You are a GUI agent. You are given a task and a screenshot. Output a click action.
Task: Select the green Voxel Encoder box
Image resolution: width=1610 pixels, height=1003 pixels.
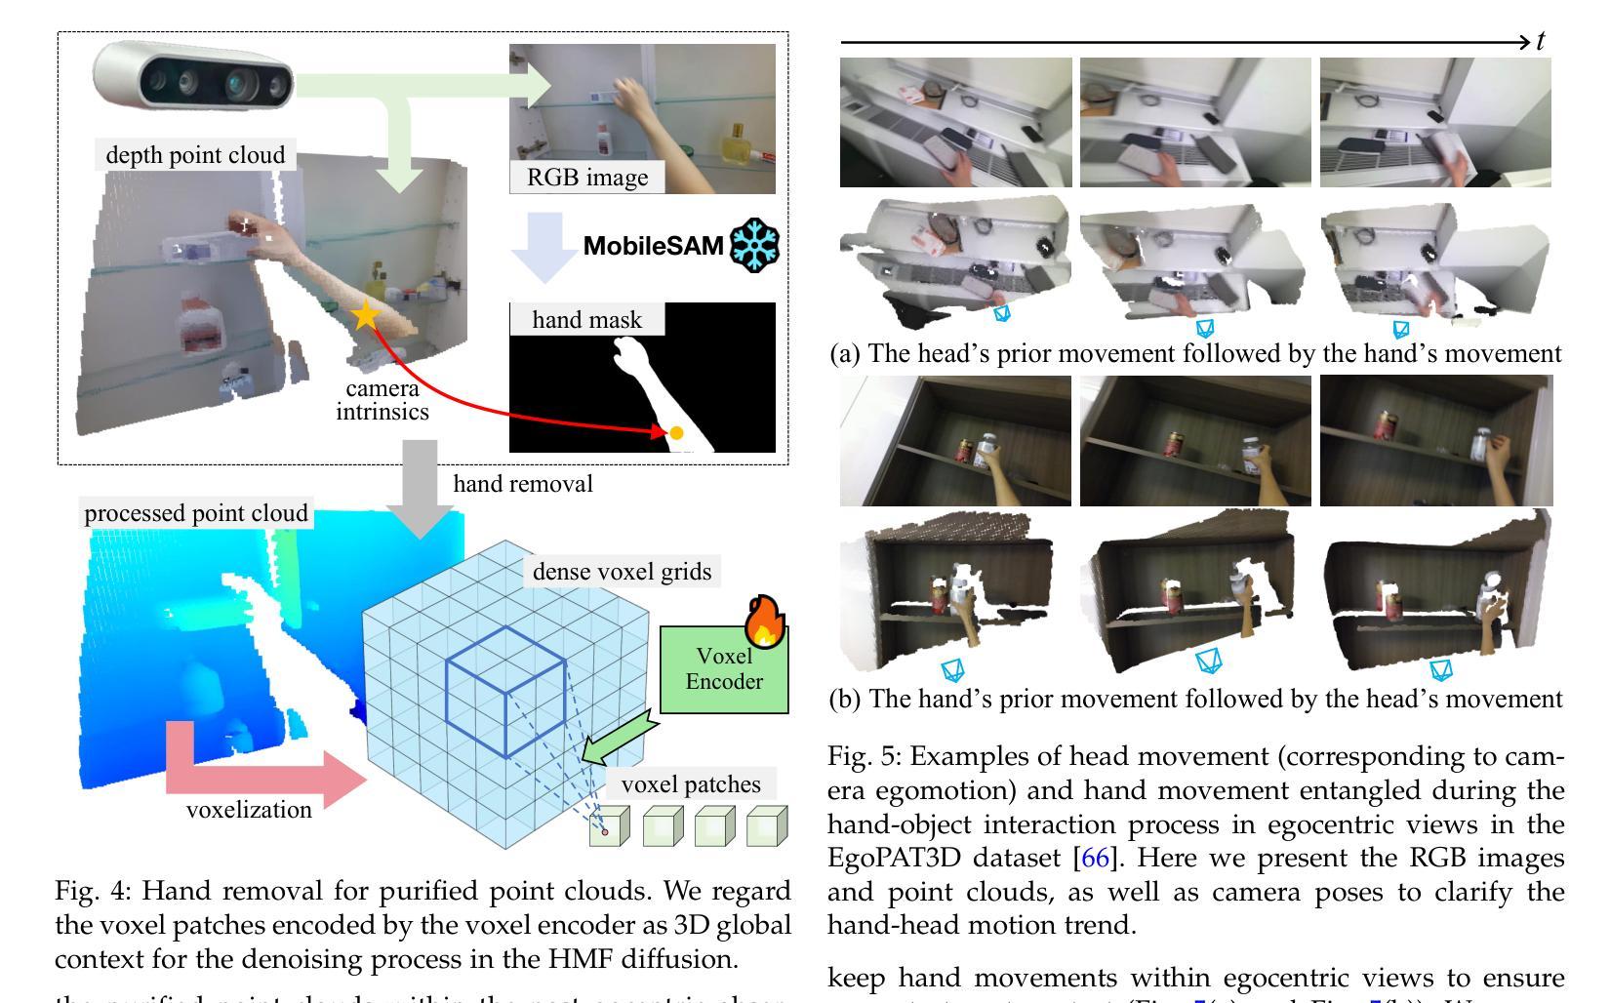tap(723, 670)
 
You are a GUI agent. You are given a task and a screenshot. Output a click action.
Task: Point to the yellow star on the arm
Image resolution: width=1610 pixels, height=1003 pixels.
tap(366, 314)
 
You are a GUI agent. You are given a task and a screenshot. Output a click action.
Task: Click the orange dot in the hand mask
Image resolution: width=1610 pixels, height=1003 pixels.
tap(676, 433)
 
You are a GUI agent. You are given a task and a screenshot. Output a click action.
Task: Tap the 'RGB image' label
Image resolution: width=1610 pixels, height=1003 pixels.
tap(586, 178)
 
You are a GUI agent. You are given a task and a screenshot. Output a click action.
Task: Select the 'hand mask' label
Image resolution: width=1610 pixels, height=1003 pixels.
tap(586, 320)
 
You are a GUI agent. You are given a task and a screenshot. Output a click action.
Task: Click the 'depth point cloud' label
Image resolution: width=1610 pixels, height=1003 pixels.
tap(195, 155)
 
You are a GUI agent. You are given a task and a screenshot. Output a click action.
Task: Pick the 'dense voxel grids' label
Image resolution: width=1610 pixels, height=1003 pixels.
tap(622, 571)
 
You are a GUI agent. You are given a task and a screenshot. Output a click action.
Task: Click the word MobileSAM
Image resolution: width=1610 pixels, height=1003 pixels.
tap(653, 246)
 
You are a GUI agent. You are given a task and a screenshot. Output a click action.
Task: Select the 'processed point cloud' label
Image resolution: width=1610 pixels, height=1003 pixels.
tap(196, 513)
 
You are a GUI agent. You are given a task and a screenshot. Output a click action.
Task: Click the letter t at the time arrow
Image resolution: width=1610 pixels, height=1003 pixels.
tap(1541, 41)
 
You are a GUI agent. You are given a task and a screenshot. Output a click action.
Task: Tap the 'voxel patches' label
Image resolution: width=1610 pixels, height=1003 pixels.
tap(690, 784)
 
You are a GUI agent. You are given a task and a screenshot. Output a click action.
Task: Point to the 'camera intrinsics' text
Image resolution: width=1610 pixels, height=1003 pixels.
tap(382, 400)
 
